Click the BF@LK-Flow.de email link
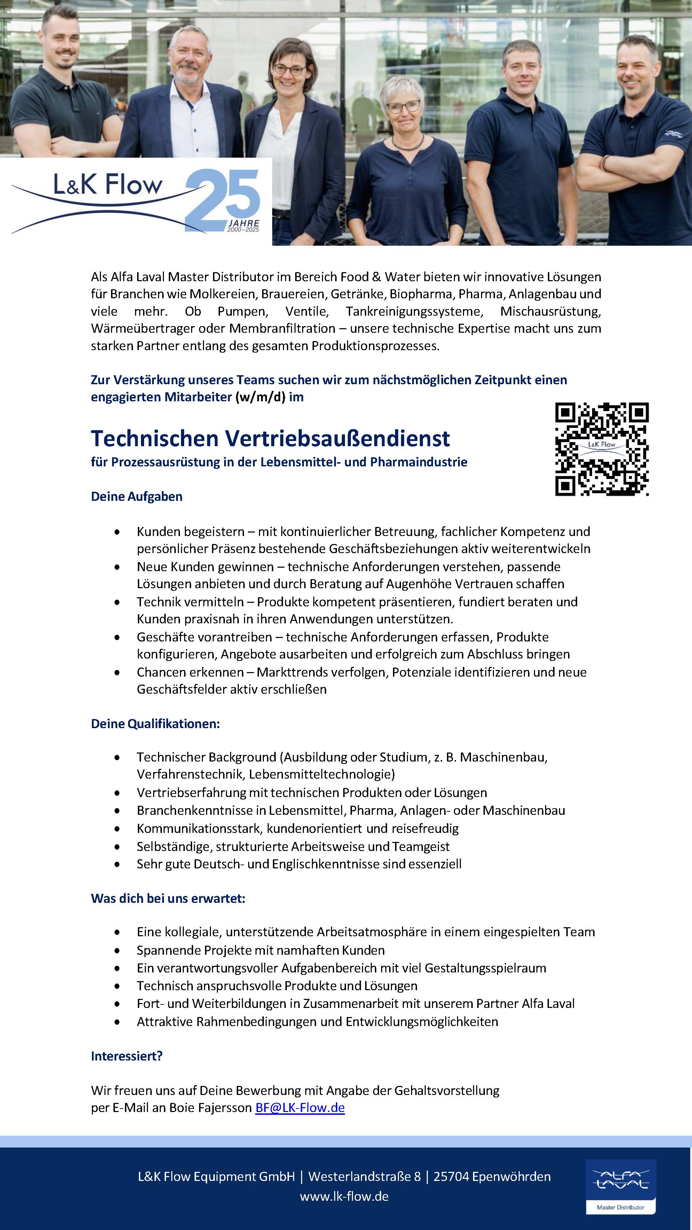pos(300,1107)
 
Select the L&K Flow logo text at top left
pos(108,185)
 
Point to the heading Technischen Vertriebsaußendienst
pos(270,438)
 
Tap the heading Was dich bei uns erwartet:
pos(168,898)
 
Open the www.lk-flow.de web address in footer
pos(344,1196)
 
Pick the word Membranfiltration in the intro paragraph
pos(282,329)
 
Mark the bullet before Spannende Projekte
pos(117,951)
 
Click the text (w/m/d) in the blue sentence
pos(260,397)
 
